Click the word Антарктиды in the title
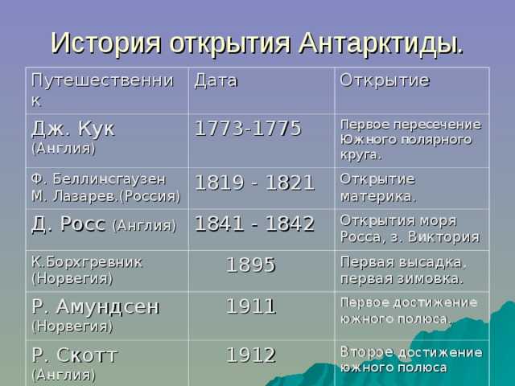(x=381, y=43)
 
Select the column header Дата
(x=216, y=81)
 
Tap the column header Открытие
(x=385, y=80)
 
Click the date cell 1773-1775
(x=248, y=128)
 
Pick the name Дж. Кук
(x=73, y=129)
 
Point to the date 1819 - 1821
(x=255, y=183)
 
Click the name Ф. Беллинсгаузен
(x=99, y=179)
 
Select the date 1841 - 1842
(x=255, y=224)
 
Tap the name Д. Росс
(x=68, y=224)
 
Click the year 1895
(x=250, y=265)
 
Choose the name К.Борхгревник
(x=87, y=262)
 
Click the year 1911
(x=250, y=306)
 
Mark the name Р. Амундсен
(x=96, y=307)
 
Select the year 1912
(x=250, y=355)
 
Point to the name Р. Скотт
(x=75, y=355)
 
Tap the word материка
(x=378, y=197)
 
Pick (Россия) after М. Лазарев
(x=150, y=196)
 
